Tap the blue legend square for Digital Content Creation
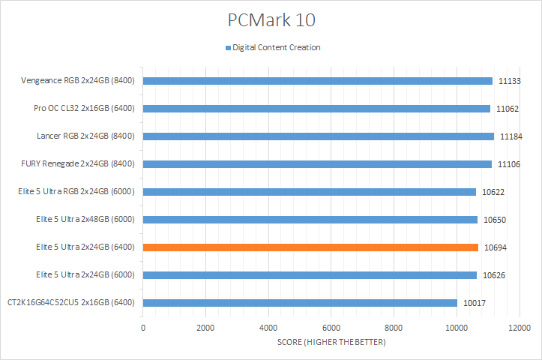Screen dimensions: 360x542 [228, 48]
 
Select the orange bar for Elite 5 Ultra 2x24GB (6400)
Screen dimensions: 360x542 [310, 247]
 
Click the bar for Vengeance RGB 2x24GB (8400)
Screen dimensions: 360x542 [317, 81]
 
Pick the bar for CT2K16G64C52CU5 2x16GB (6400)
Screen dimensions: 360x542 [300, 303]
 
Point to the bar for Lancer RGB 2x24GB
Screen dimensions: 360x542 [318, 136]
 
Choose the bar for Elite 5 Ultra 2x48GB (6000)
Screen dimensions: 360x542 [310, 220]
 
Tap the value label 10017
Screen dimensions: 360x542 [474, 303]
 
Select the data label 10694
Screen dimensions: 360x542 [495, 247]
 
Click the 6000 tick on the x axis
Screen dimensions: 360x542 [331, 328]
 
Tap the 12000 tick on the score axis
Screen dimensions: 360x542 [519, 328]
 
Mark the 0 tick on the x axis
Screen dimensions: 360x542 [143, 328]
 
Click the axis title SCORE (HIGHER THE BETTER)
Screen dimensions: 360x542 [331, 343]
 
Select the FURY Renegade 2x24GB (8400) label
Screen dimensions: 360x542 [78, 164]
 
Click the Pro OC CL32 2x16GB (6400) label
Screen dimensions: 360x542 [84, 109]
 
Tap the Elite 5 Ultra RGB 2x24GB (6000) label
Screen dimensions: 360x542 [75, 192]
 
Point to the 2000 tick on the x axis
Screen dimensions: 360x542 [206, 328]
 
